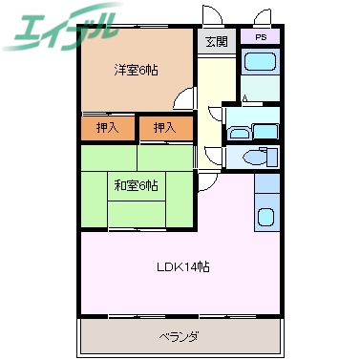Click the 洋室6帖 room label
pyautogui.click(x=138, y=70)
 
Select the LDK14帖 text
pyautogui.click(x=183, y=266)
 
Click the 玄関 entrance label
pyautogui.click(x=215, y=42)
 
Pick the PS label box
pyautogui.click(x=259, y=36)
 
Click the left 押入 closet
pyautogui.click(x=107, y=127)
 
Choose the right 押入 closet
pyautogui.click(x=165, y=127)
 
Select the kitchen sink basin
pyautogui.click(x=266, y=217)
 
